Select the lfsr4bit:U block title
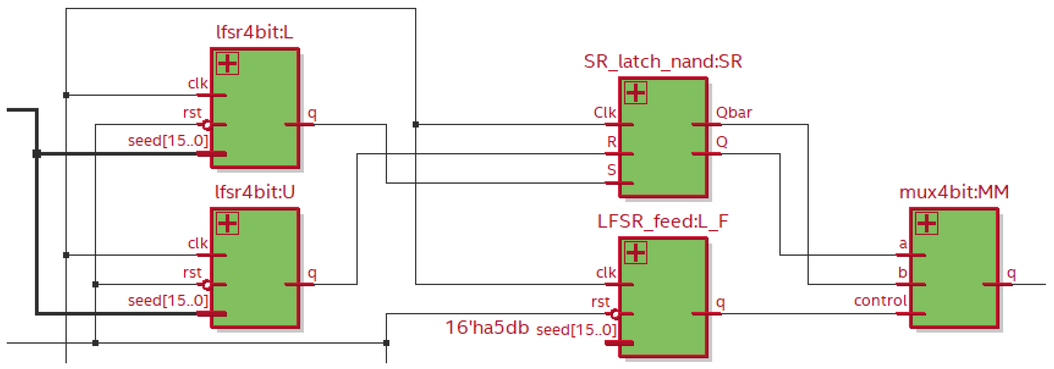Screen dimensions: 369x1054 pos(254,192)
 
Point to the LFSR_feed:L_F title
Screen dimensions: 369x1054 pos(662,221)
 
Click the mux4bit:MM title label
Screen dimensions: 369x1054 pos(954,192)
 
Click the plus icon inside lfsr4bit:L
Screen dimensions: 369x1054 pos(228,64)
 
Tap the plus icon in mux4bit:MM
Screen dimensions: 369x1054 pos(927,223)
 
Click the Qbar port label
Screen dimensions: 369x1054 pos(734,113)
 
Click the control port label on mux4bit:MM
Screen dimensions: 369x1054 pos(880,301)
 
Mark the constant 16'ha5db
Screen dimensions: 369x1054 pos(486,328)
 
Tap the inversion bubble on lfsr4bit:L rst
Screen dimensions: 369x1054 pos(207,125)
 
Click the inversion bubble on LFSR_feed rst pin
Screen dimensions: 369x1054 pos(615,314)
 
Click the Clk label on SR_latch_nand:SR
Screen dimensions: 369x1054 pos(604,113)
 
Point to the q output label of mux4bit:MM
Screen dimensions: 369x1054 pos(1011,273)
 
